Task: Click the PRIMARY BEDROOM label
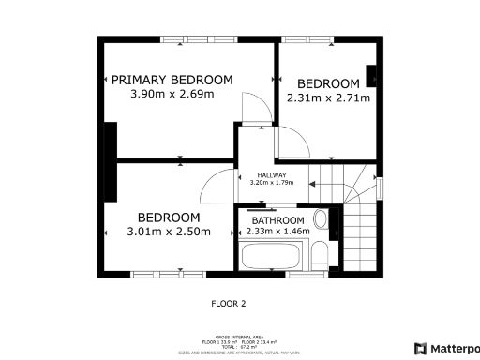coord(172,81)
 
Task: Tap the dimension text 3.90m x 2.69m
coord(172,95)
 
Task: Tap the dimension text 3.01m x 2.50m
coord(169,232)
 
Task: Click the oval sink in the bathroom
coord(321,221)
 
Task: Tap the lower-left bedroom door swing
coord(217,186)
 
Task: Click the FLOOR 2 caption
coord(228,304)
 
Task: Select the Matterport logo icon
coord(420,348)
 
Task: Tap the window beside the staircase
coord(380,187)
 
